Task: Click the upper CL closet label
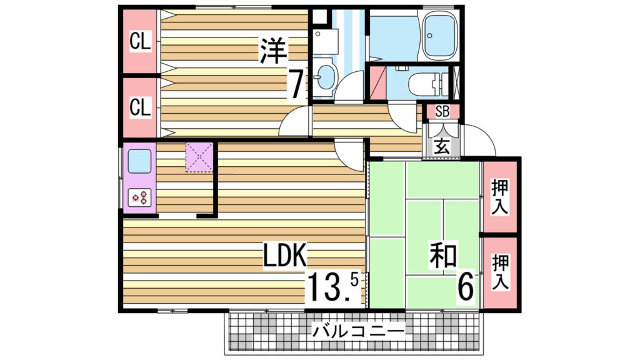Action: (140, 42)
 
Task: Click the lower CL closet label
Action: (140, 107)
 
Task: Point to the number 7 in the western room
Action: (296, 84)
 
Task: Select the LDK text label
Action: (284, 256)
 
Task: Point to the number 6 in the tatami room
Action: (466, 287)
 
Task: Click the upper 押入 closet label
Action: (500, 196)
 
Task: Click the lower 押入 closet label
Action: (500, 271)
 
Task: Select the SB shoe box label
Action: (442, 112)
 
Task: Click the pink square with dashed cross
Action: (199, 157)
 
